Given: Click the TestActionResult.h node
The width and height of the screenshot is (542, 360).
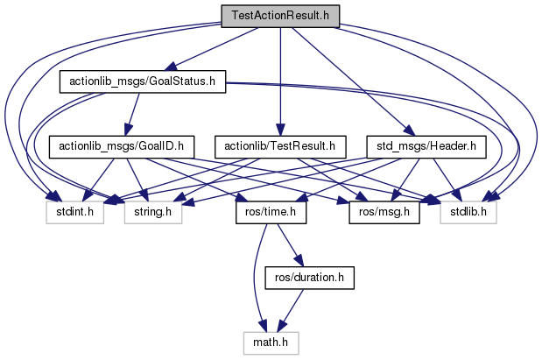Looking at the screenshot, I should (x=280, y=17).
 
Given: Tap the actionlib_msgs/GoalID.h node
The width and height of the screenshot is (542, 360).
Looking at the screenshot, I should (x=121, y=146).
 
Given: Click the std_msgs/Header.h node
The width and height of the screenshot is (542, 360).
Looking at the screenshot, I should (x=426, y=146).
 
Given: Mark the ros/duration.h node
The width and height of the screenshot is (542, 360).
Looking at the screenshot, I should (x=302, y=276).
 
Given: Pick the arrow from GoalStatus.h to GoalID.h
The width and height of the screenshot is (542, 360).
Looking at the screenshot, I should (x=132, y=114).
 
